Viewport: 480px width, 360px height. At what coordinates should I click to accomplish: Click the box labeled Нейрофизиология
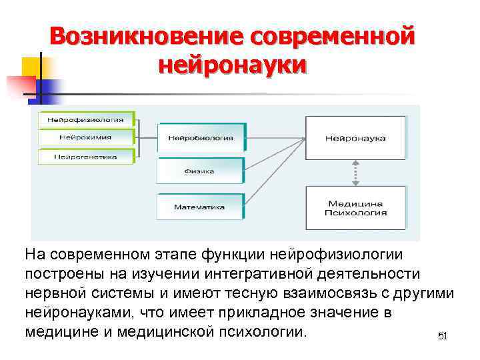coord(85,120)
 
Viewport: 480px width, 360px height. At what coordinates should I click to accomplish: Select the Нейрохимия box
coord(85,138)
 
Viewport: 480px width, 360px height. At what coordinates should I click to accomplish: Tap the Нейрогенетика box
coord(85,157)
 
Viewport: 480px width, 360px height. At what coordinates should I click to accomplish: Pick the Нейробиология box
coord(201,139)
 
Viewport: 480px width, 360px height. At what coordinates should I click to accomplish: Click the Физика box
coord(201,171)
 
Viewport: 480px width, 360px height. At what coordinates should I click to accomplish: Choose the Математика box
coord(201,207)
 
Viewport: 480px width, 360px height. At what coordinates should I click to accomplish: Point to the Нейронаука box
coord(355,138)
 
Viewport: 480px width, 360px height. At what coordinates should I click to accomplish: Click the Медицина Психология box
coord(355,208)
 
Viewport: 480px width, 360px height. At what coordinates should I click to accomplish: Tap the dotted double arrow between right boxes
coord(356,173)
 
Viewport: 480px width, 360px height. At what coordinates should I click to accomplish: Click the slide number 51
coord(440,336)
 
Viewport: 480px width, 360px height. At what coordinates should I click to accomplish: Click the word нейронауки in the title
coord(233,65)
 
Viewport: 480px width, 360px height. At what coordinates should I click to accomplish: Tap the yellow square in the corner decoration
coord(31,67)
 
